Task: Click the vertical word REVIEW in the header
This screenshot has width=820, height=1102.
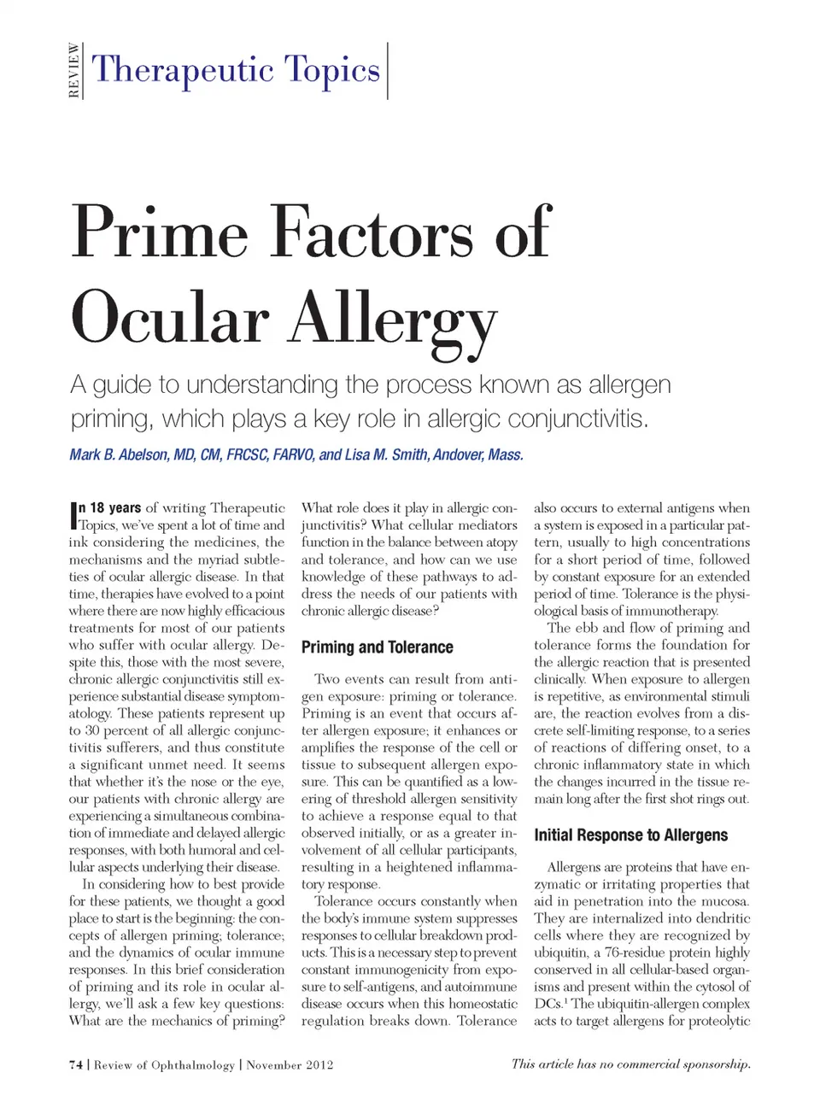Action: coord(74,71)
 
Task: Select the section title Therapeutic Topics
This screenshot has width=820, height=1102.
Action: coord(236,69)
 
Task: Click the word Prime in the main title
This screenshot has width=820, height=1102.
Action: coord(159,232)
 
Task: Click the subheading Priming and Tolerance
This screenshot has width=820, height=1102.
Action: coord(377,648)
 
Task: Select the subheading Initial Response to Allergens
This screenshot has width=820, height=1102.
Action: coord(630,835)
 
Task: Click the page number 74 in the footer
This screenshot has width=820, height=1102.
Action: coord(76,1064)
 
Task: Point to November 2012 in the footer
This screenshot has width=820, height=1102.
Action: coord(290,1064)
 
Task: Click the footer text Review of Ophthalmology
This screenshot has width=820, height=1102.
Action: coord(164,1064)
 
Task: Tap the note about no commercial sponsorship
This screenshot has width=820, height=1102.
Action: coord(630,1064)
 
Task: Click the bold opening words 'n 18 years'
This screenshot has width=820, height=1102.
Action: coord(110,507)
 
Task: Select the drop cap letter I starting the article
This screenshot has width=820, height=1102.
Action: coord(73,516)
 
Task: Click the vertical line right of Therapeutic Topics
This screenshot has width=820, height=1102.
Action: coord(388,71)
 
